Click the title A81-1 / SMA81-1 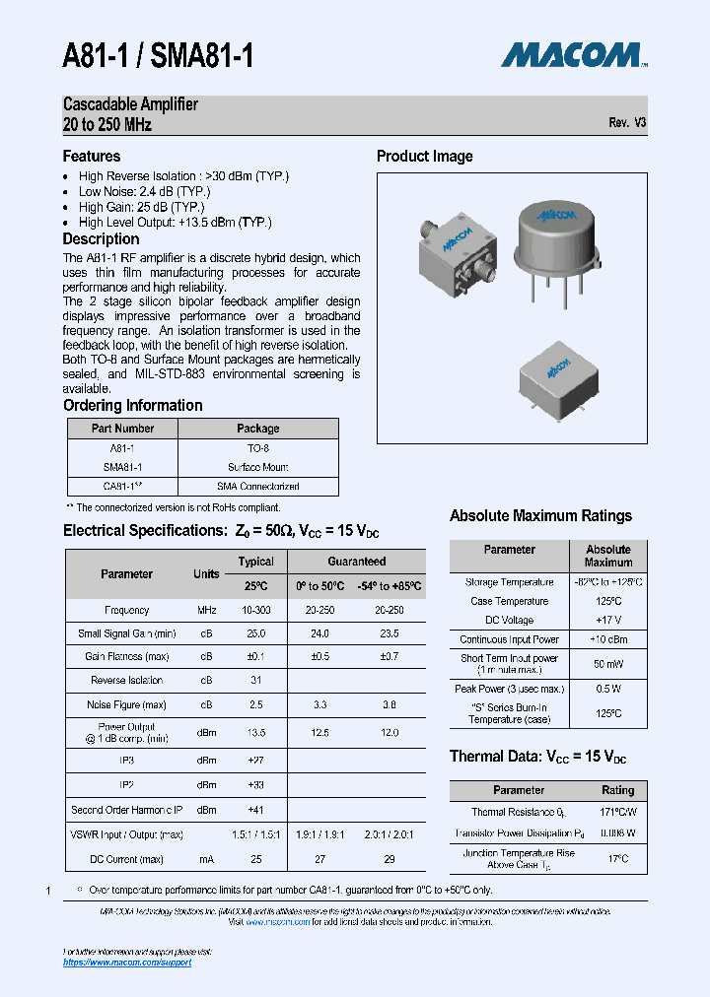pos(158,55)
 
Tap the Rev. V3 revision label pos(627,123)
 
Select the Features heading pos(92,156)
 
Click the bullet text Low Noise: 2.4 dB pos(144,192)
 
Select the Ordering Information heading pos(132,405)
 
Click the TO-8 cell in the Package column pos(257,448)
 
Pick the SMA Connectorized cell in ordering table pos(257,487)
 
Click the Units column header pos(206,573)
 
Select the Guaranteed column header pos(356,562)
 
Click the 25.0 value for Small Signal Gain pos(255,633)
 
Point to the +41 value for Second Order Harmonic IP pos(255,810)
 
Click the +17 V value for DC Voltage pos(608,621)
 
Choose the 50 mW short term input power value pos(608,664)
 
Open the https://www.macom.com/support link pos(127,962)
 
